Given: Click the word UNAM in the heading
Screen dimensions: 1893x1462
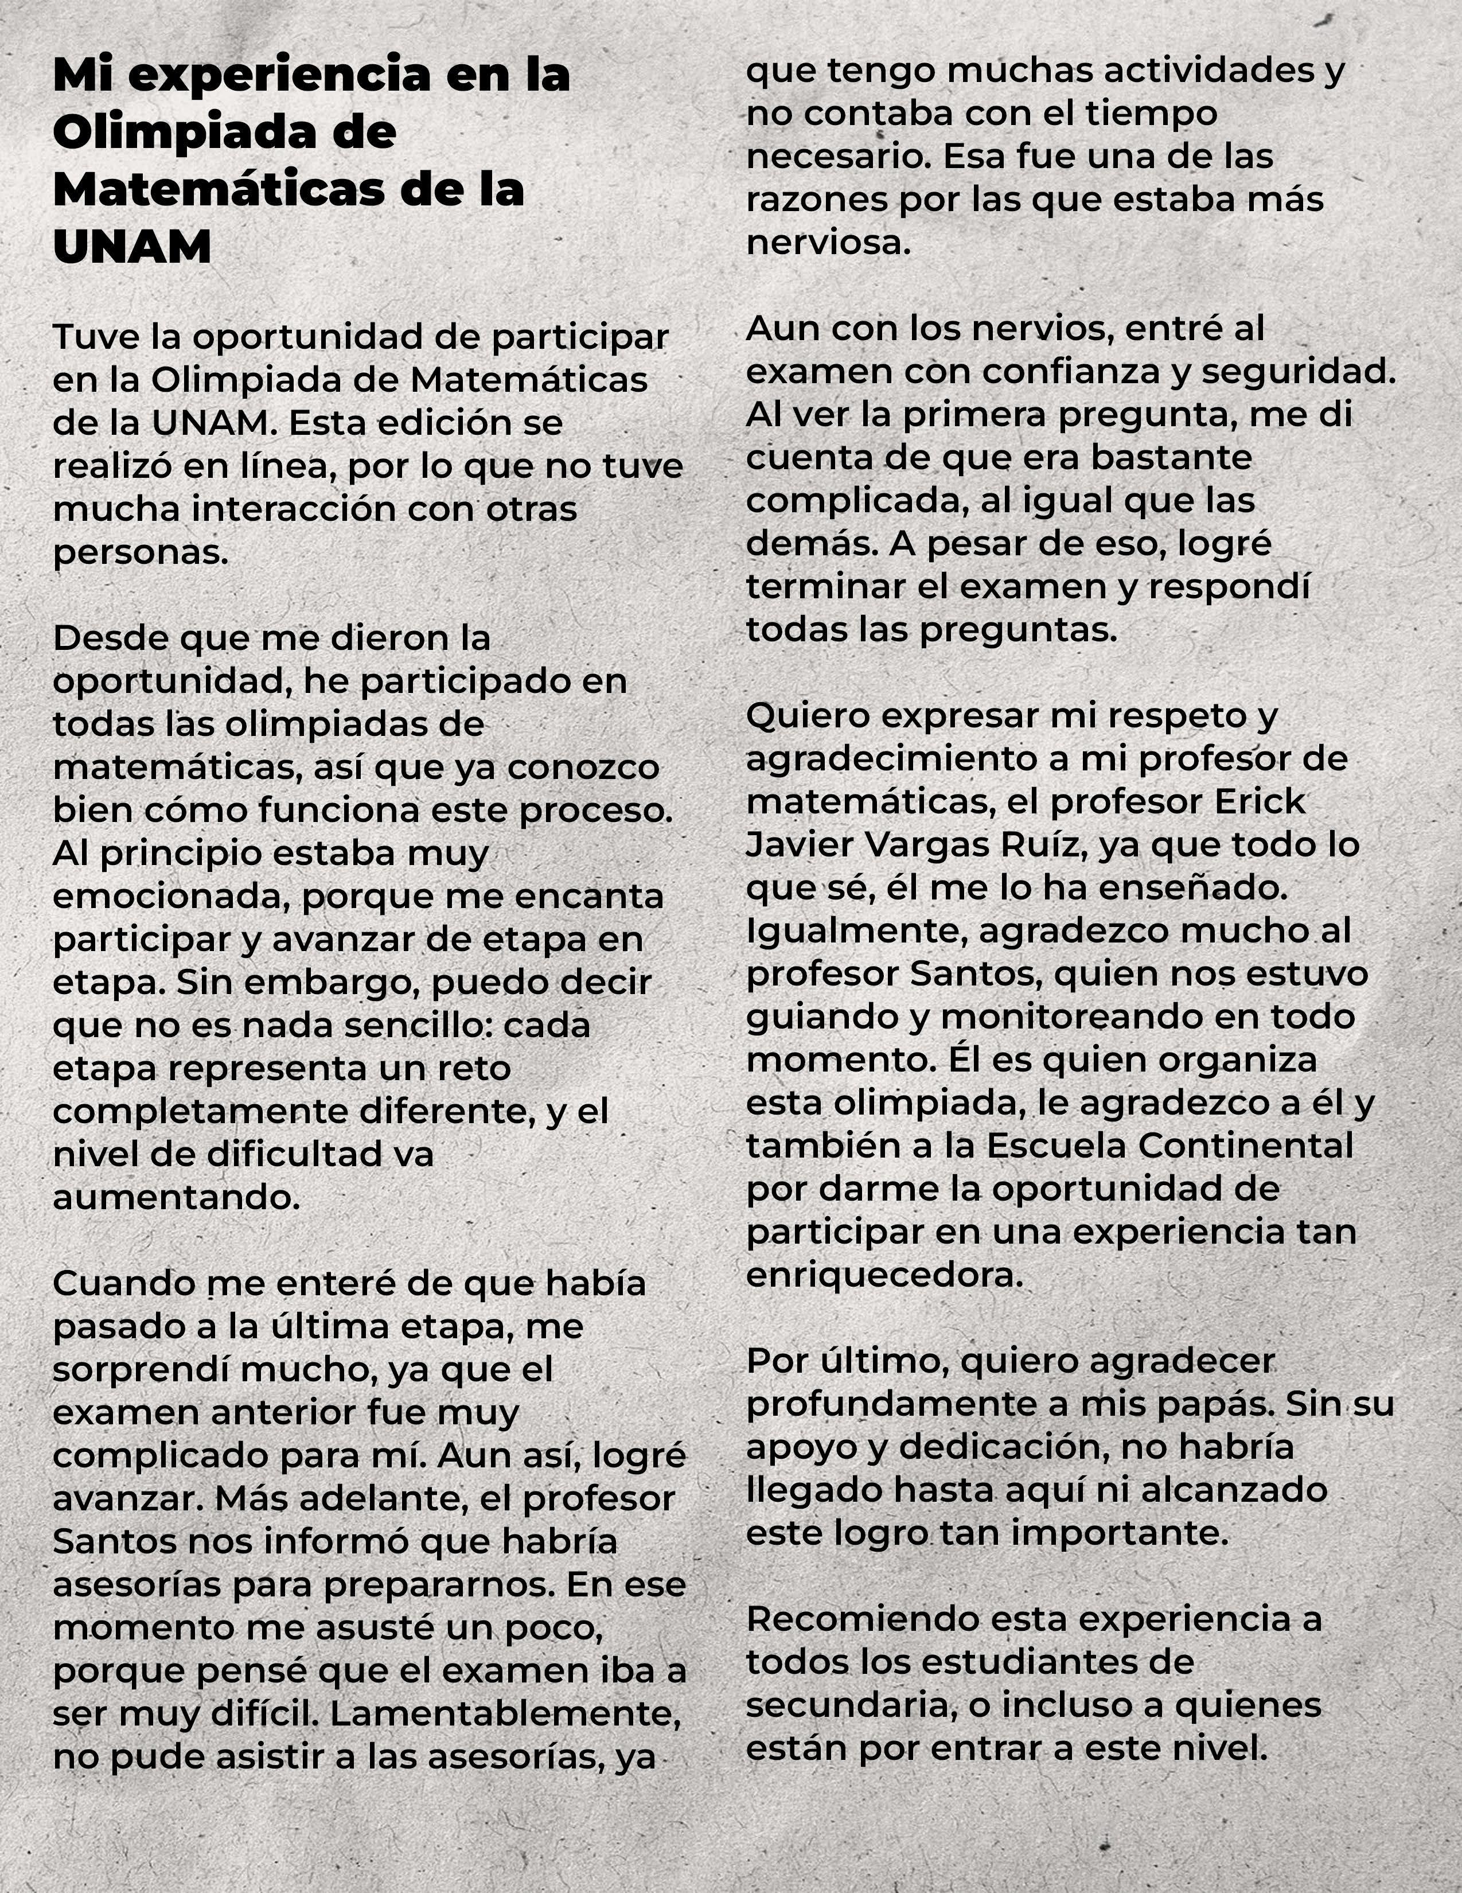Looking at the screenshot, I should [132, 247].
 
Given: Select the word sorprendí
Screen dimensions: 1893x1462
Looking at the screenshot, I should [139, 1369].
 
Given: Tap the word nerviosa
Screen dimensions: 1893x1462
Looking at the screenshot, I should [828, 243].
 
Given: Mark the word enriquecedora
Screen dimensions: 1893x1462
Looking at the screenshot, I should [884, 1275].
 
